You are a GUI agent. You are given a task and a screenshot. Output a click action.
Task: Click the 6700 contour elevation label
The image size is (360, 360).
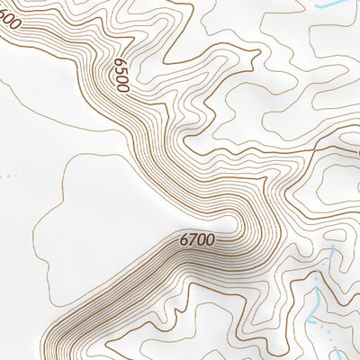[x=197, y=240]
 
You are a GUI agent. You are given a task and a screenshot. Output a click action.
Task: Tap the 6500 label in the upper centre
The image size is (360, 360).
[x=121, y=75]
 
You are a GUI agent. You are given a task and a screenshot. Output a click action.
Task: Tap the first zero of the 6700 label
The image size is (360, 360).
[x=202, y=240]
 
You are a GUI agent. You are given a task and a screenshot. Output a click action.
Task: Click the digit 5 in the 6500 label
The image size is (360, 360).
[x=120, y=70]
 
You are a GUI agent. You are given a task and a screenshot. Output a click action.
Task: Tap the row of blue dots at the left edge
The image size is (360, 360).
[x=7, y=175]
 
